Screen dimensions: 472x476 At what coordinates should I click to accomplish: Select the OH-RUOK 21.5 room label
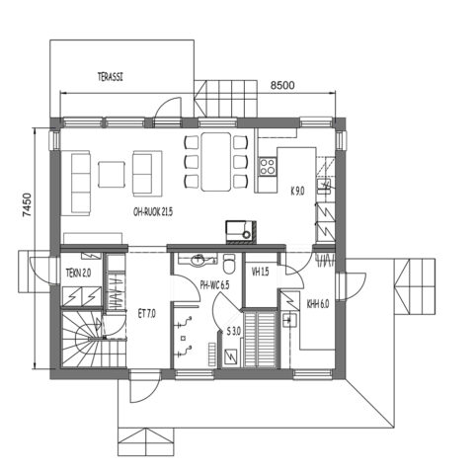click(x=153, y=212)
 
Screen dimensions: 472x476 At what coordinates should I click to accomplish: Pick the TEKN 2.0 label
click(x=79, y=274)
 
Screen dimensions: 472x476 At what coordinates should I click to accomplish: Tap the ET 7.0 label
click(x=147, y=313)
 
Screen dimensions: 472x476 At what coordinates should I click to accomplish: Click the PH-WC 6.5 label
click(x=214, y=285)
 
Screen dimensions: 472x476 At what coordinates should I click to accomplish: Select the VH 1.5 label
click(x=261, y=273)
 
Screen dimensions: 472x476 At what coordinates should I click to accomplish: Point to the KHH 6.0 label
click(x=317, y=305)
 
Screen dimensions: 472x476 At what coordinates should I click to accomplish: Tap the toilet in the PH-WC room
click(x=229, y=264)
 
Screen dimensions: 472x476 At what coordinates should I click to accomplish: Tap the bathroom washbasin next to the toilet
click(x=201, y=262)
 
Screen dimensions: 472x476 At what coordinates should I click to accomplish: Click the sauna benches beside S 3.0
click(x=265, y=339)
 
